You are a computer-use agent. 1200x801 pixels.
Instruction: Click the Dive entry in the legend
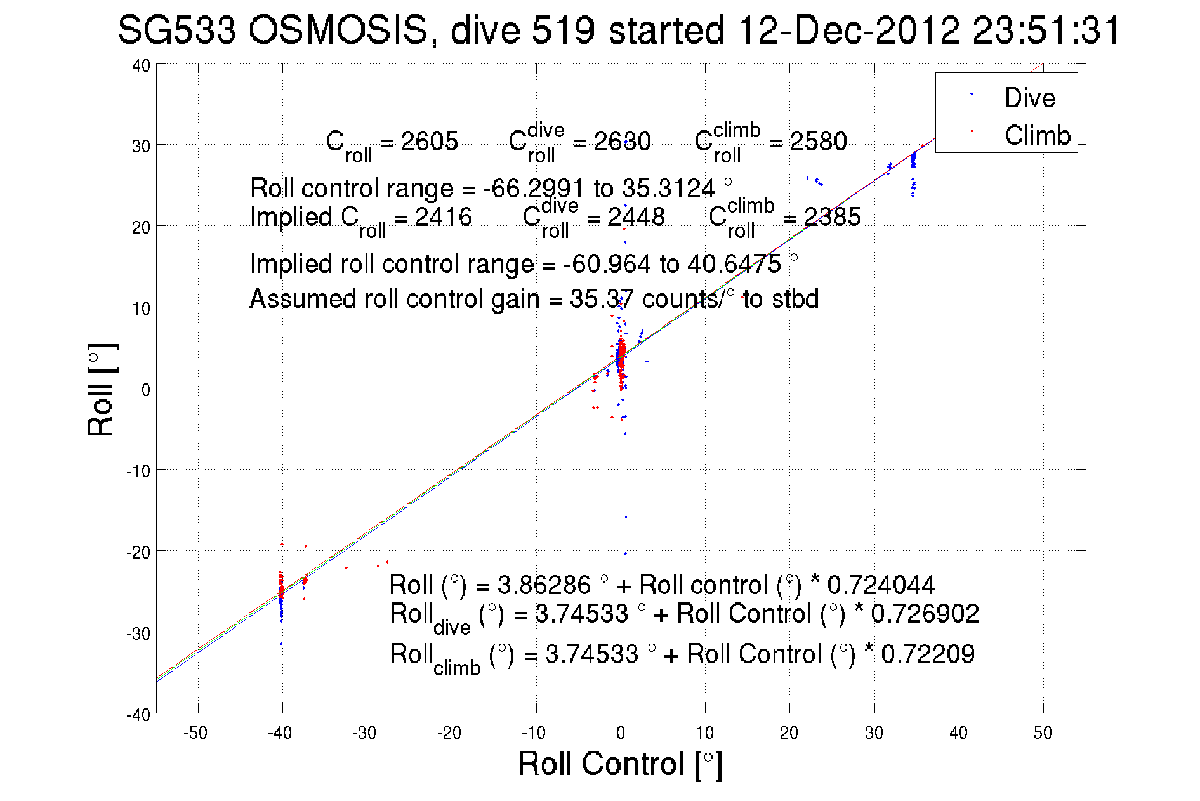1029,98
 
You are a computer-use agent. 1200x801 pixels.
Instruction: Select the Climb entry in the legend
1037,135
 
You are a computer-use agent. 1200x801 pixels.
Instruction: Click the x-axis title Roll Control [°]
620,764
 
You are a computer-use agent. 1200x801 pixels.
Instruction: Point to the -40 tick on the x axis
280,733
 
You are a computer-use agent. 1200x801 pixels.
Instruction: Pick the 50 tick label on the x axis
1043,733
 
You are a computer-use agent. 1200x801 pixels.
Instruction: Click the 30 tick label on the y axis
141,146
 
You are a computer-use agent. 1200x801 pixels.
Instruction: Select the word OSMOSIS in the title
339,30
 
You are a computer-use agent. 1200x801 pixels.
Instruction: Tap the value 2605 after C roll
429,142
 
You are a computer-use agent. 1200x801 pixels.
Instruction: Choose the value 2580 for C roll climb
818,142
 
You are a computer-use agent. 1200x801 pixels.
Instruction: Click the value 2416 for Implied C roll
443,217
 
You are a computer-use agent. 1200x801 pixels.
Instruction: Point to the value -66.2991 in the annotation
533,189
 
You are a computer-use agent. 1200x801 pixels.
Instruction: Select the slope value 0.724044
881,585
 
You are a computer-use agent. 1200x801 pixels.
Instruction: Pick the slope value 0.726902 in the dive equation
925,614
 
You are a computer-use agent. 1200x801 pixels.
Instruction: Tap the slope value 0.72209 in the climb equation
928,654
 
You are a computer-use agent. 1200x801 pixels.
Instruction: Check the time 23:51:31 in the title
1046,30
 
